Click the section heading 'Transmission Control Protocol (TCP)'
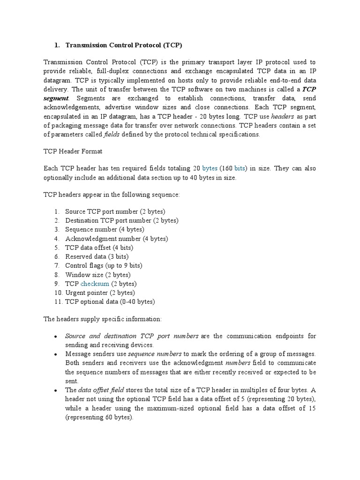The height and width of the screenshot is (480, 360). pyautogui.click(x=123, y=45)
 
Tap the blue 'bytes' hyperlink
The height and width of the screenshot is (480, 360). pyautogui.click(x=210, y=168)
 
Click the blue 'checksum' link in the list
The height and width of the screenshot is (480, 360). pyautogui.click(x=95, y=284)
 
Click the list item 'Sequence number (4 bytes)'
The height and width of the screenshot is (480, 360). pyautogui.click(x=105, y=230)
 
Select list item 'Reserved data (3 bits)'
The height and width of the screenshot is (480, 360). pyautogui.click(x=97, y=257)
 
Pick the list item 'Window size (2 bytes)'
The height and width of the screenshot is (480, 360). pyautogui.click(x=98, y=275)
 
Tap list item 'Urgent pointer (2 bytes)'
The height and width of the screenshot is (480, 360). pyautogui.click(x=100, y=293)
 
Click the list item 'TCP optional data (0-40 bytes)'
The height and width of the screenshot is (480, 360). pyautogui.click(x=110, y=302)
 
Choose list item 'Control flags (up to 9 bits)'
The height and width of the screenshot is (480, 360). pyautogui.click(x=104, y=266)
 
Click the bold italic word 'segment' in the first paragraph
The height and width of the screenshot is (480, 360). pyautogui.click(x=56, y=98)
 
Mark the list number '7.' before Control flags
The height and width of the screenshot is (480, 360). pyautogui.click(x=56, y=266)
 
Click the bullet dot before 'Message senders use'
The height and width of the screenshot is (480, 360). pyautogui.click(x=56, y=354)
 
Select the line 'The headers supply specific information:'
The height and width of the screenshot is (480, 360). pyautogui.click(x=102, y=319)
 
